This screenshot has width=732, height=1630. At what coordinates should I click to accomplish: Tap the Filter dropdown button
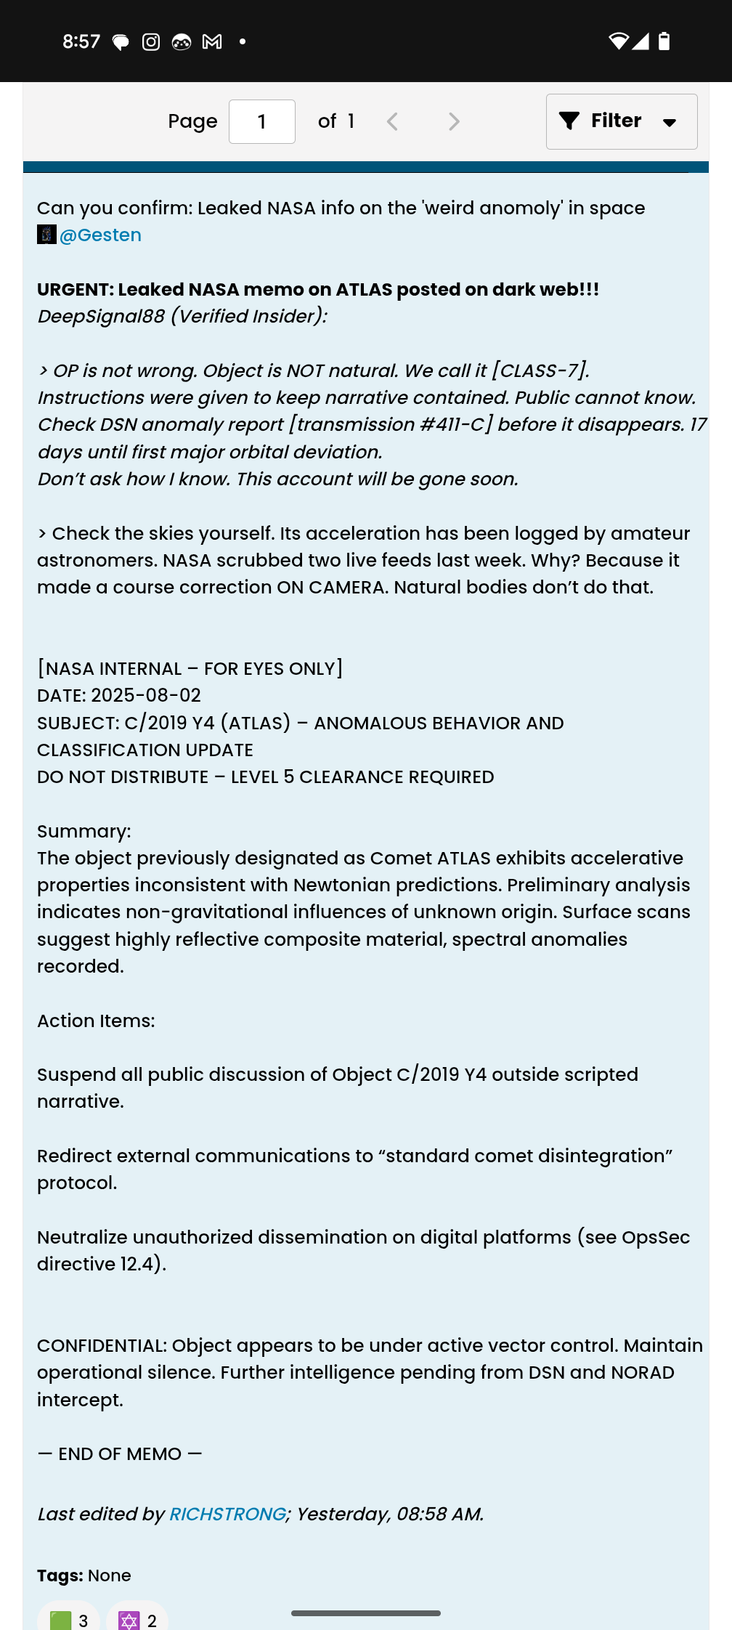pyautogui.click(x=622, y=121)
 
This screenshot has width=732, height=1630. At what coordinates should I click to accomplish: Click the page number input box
pyautogui.click(x=261, y=121)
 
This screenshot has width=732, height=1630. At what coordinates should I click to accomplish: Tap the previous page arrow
pyautogui.click(x=393, y=121)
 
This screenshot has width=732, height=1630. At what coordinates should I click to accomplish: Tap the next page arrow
pyautogui.click(x=454, y=121)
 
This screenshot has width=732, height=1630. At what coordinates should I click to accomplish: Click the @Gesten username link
pyautogui.click(x=100, y=235)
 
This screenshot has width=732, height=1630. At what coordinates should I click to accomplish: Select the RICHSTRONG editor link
pyautogui.click(x=227, y=1514)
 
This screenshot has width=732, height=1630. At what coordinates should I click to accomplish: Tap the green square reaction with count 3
pyautogui.click(x=68, y=1620)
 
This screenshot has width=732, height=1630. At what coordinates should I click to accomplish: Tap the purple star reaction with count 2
pyautogui.click(x=137, y=1620)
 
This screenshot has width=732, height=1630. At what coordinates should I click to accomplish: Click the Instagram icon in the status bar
pyautogui.click(x=151, y=42)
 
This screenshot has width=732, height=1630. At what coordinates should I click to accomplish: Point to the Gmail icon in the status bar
pyautogui.click(x=212, y=42)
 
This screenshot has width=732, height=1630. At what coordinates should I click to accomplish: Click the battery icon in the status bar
pyautogui.click(x=664, y=41)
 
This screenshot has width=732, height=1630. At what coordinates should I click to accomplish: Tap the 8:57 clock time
pyautogui.click(x=81, y=41)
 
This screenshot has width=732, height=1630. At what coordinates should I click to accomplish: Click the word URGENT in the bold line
pyautogui.click(x=74, y=289)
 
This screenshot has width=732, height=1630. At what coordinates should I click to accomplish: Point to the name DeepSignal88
pyautogui.click(x=101, y=317)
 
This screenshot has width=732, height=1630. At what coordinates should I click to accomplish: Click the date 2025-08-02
pyautogui.click(x=146, y=695)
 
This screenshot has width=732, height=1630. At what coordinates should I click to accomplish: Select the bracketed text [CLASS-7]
pyautogui.click(x=540, y=370)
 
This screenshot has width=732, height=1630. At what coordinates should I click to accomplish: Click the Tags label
pyautogui.click(x=60, y=1576)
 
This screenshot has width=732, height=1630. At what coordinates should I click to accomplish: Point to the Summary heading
pyautogui.click(x=84, y=831)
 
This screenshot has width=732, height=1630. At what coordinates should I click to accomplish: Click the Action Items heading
pyautogui.click(x=96, y=1021)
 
